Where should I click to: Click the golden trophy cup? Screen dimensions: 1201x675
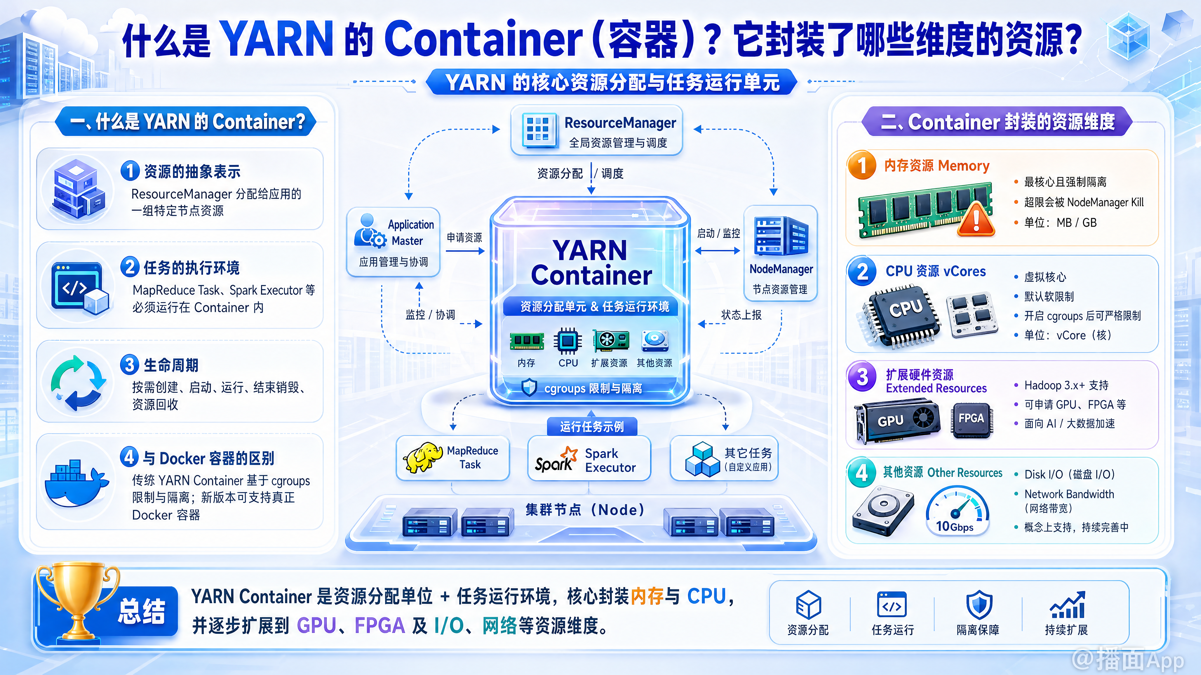coord(77,601)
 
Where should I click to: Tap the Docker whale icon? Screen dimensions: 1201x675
coord(76,484)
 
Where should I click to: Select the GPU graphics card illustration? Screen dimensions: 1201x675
coord(896,421)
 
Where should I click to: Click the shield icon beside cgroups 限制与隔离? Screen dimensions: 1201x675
coord(529,387)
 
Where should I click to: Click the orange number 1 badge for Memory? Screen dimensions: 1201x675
coord(862,165)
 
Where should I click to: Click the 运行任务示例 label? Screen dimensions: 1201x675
coord(592,426)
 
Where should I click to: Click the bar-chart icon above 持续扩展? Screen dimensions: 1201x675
coord(1068,605)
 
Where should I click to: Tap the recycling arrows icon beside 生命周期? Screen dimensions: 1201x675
coord(78,383)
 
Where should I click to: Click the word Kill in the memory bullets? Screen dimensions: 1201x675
coord(1138,202)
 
